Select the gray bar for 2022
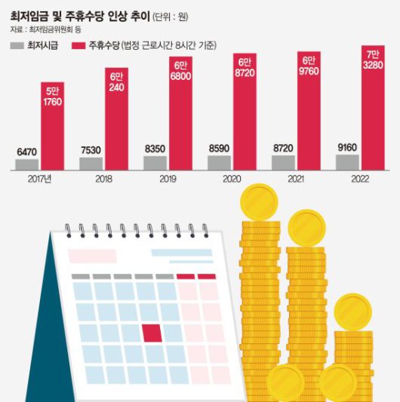coord(347,162)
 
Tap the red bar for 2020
coord(244,113)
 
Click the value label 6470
coord(26,152)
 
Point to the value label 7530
coord(91,151)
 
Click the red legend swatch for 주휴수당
coord(78,46)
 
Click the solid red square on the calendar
coord(152,333)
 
